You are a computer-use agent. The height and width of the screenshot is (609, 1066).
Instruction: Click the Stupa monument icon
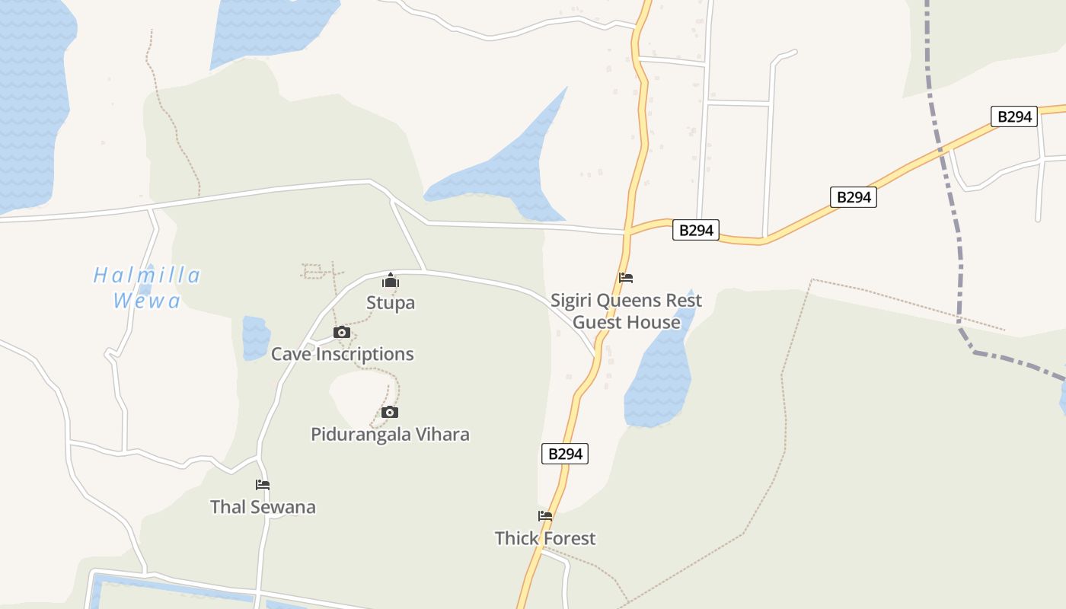391,280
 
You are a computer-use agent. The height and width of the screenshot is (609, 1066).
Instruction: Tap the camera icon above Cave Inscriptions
341,332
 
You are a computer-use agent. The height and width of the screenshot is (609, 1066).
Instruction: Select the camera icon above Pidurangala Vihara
390,412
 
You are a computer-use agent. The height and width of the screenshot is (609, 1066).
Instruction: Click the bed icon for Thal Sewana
263,484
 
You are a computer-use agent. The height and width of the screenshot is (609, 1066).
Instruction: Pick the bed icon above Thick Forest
545,515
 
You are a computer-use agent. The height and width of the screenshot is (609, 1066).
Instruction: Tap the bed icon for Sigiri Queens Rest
626,277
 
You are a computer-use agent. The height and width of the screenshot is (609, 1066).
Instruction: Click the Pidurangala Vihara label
390,435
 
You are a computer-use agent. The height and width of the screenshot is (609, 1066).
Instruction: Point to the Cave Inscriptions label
343,354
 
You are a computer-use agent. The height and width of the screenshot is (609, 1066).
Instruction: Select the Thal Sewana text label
263,507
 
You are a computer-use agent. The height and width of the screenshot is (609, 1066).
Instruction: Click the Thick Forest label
545,538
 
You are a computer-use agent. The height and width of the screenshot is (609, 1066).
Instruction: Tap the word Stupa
391,303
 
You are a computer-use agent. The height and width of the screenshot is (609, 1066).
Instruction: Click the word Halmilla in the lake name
147,276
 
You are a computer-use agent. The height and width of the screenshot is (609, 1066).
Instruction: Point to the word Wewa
147,301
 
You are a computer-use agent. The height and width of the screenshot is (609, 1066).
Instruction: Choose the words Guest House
626,322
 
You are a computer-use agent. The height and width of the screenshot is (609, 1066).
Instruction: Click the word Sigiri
571,300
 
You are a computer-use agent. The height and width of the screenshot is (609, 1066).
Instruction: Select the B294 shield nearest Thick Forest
565,454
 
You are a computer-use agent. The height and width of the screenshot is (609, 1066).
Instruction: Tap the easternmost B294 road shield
1014,116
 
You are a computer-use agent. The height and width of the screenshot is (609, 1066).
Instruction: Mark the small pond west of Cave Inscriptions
256,337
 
